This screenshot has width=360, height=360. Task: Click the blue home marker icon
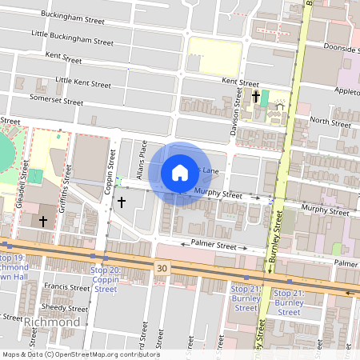(x=180, y=173)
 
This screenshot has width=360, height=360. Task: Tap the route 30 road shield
(x=163, y=268)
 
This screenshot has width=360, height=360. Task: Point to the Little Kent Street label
(x=82, y=82)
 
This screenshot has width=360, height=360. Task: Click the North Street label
(x=330, y=122)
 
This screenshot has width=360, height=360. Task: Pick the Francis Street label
(x=67, y=286)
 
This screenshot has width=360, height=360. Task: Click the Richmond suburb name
(x=52, y=322)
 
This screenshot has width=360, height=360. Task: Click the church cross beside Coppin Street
(x=122, y=202)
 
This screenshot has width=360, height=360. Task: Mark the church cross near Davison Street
(x=256, y=98)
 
